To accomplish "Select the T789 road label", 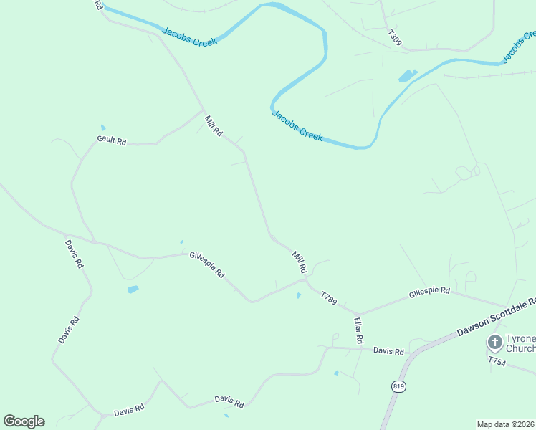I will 328,297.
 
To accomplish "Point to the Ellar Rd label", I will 359,329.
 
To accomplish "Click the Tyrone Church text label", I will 520,343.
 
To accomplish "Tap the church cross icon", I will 494,342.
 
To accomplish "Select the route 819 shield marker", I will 398,386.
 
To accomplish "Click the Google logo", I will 24,421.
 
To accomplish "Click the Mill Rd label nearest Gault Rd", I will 214,126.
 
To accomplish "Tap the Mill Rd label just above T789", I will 299,262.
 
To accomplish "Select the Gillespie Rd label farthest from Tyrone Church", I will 207,264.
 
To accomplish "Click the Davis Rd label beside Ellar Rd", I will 388,351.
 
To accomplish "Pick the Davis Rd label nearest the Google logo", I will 129,409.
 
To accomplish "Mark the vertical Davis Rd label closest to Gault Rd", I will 74,253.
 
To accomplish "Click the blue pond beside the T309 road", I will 406,75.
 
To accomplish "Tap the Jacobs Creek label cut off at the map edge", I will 517,46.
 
